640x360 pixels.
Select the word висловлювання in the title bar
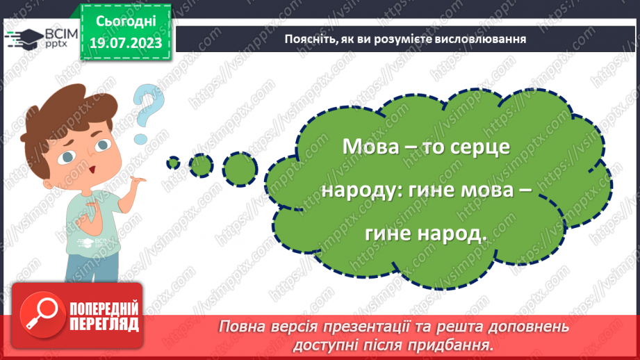(478, 40)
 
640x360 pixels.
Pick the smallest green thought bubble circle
(172, 163)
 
